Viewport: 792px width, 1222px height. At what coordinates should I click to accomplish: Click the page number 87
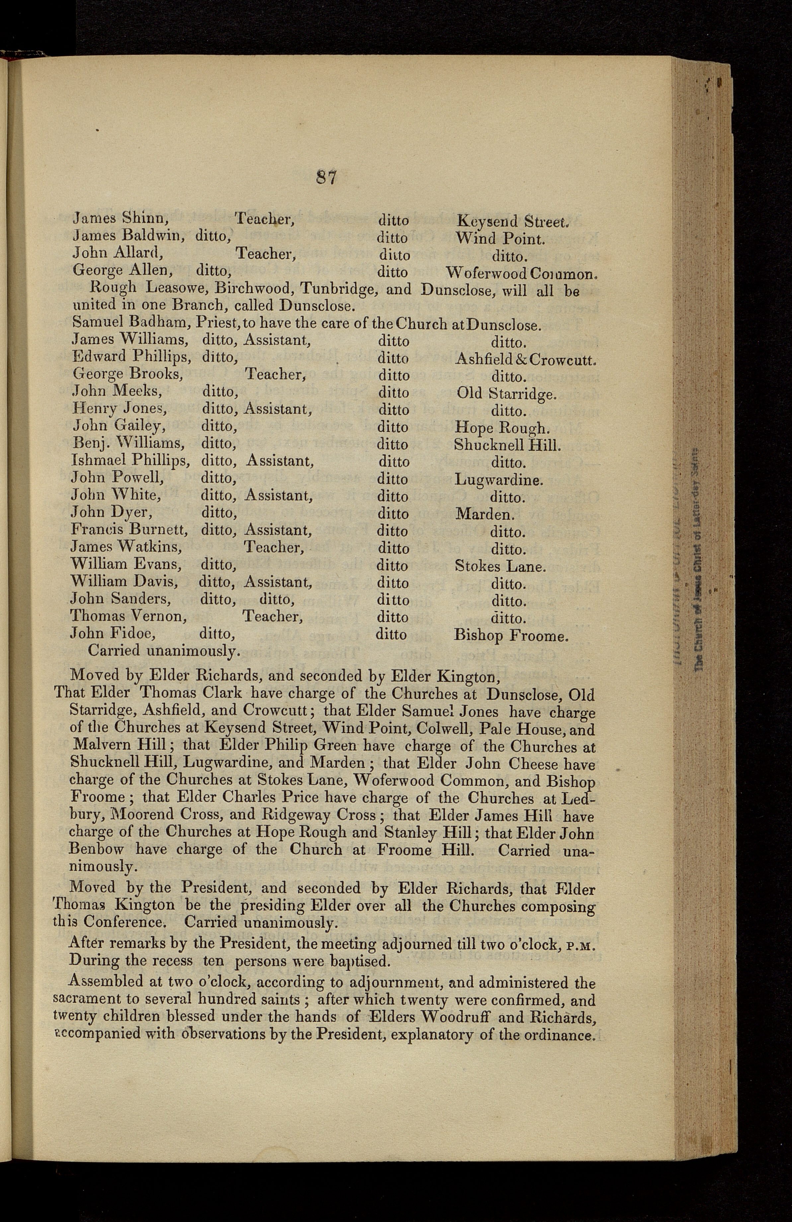(326, 178)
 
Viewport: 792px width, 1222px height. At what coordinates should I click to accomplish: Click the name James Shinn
(120, 219)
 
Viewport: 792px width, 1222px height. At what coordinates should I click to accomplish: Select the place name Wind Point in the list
(500, 239)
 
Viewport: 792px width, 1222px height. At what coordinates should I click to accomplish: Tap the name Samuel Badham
(130, 324)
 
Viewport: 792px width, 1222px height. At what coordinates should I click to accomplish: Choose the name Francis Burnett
(129, 530)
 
